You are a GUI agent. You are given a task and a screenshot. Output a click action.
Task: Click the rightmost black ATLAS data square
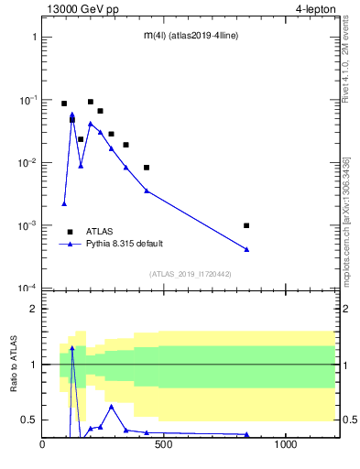[x=246, y=225]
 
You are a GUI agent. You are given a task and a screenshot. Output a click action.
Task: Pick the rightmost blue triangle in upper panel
[x=246, y=249]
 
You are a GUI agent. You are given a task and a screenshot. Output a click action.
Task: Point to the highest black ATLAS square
[x=91, y=102]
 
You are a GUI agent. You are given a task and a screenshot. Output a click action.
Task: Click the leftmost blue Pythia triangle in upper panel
[x=64, y=203]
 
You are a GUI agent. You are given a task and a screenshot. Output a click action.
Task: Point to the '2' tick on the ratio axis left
[x=34, y=309]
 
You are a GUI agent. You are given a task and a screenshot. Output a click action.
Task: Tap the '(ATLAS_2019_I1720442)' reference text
[x=190, y=274]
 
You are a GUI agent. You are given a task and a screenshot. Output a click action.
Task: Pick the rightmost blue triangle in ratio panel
[x=246, y=434]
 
